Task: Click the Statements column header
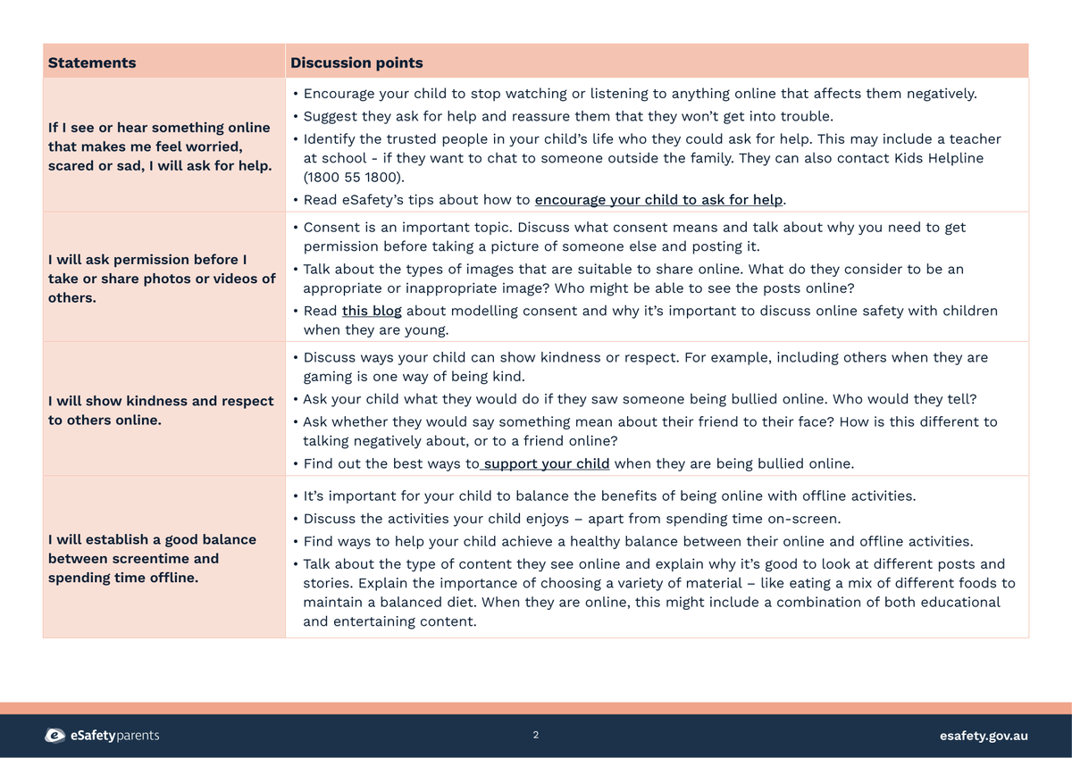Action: (x=92, y=62)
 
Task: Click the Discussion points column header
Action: (x=356, y=62)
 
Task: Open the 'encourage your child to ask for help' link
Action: (x=658, y=200)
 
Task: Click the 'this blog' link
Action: (x=372, y=311)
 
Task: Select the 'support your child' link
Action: (x=546, y=463)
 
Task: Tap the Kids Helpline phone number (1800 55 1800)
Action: (x=354, y=178)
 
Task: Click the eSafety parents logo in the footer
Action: (x=103, y=736)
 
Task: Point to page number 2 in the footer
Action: (x=536, y=735)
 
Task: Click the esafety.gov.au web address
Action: (x=984, y=736)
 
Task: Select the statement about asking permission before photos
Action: (x=161, y=278)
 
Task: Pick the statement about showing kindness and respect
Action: (x=161, y=410)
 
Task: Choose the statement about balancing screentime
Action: (x=152, y=558)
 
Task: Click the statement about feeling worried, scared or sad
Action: (x=160, y=146)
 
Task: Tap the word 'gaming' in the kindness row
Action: (x=329, y=376)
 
